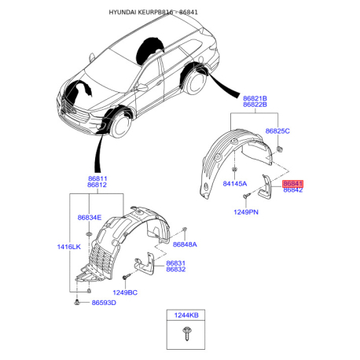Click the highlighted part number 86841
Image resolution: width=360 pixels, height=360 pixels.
(292, 184)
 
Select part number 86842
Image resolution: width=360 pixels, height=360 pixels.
(293, 190)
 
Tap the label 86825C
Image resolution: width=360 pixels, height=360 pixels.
(277, 131)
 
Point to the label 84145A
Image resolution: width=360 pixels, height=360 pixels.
(235, 184)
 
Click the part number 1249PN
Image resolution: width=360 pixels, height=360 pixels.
(246, 212)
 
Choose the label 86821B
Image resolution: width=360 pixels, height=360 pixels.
(255, 98)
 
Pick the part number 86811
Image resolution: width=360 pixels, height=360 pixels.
(97, 178)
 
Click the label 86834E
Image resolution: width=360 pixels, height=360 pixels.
(90, 218)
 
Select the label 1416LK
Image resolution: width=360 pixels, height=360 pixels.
(69, 247)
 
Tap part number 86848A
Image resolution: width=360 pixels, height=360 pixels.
(185, 244)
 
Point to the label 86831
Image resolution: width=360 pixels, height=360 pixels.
(176, 263)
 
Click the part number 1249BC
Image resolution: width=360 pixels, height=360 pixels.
(125, 292)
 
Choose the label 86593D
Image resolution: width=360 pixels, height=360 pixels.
(104, 303)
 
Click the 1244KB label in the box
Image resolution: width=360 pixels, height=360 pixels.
(186, 315)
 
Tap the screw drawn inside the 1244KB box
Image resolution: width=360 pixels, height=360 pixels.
(187, 333)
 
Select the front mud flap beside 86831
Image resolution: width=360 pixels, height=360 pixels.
(145, 264)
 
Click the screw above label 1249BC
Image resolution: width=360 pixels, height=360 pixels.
(127, 276)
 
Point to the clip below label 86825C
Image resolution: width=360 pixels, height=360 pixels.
(280, 149)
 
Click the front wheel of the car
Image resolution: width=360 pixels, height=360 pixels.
(121, 125)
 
